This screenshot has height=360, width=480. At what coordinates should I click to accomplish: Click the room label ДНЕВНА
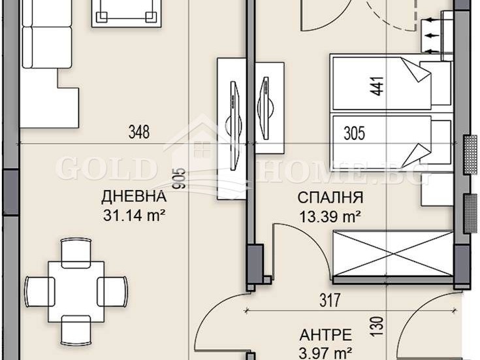[x=133, y=196]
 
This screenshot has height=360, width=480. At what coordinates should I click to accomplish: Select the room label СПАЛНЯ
[x=330, y=197]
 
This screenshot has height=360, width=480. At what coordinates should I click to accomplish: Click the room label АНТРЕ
[x=325, y=335]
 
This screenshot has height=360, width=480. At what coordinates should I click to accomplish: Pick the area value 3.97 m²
[x=325, y=353]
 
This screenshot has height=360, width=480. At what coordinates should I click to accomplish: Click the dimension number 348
[x=138, y=133]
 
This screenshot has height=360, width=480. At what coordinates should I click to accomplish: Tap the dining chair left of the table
[x=37, y=288]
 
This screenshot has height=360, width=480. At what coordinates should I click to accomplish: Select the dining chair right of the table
[x=112, y=288]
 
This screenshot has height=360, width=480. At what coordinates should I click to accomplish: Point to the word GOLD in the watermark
[x=105, y=169]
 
